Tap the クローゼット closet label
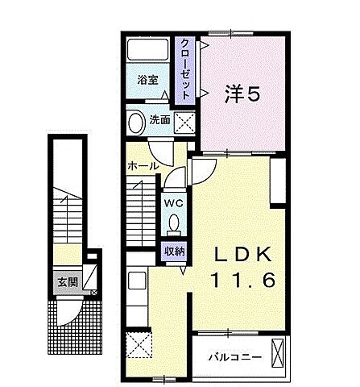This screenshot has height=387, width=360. [185, 69]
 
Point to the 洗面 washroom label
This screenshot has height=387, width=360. [159, 121]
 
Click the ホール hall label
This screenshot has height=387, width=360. [142, 165]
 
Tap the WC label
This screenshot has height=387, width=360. [173, 203]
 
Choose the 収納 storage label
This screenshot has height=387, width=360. [175, 251]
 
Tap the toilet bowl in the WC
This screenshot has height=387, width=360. [173, 225]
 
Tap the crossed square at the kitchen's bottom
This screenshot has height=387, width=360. [139, 347]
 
